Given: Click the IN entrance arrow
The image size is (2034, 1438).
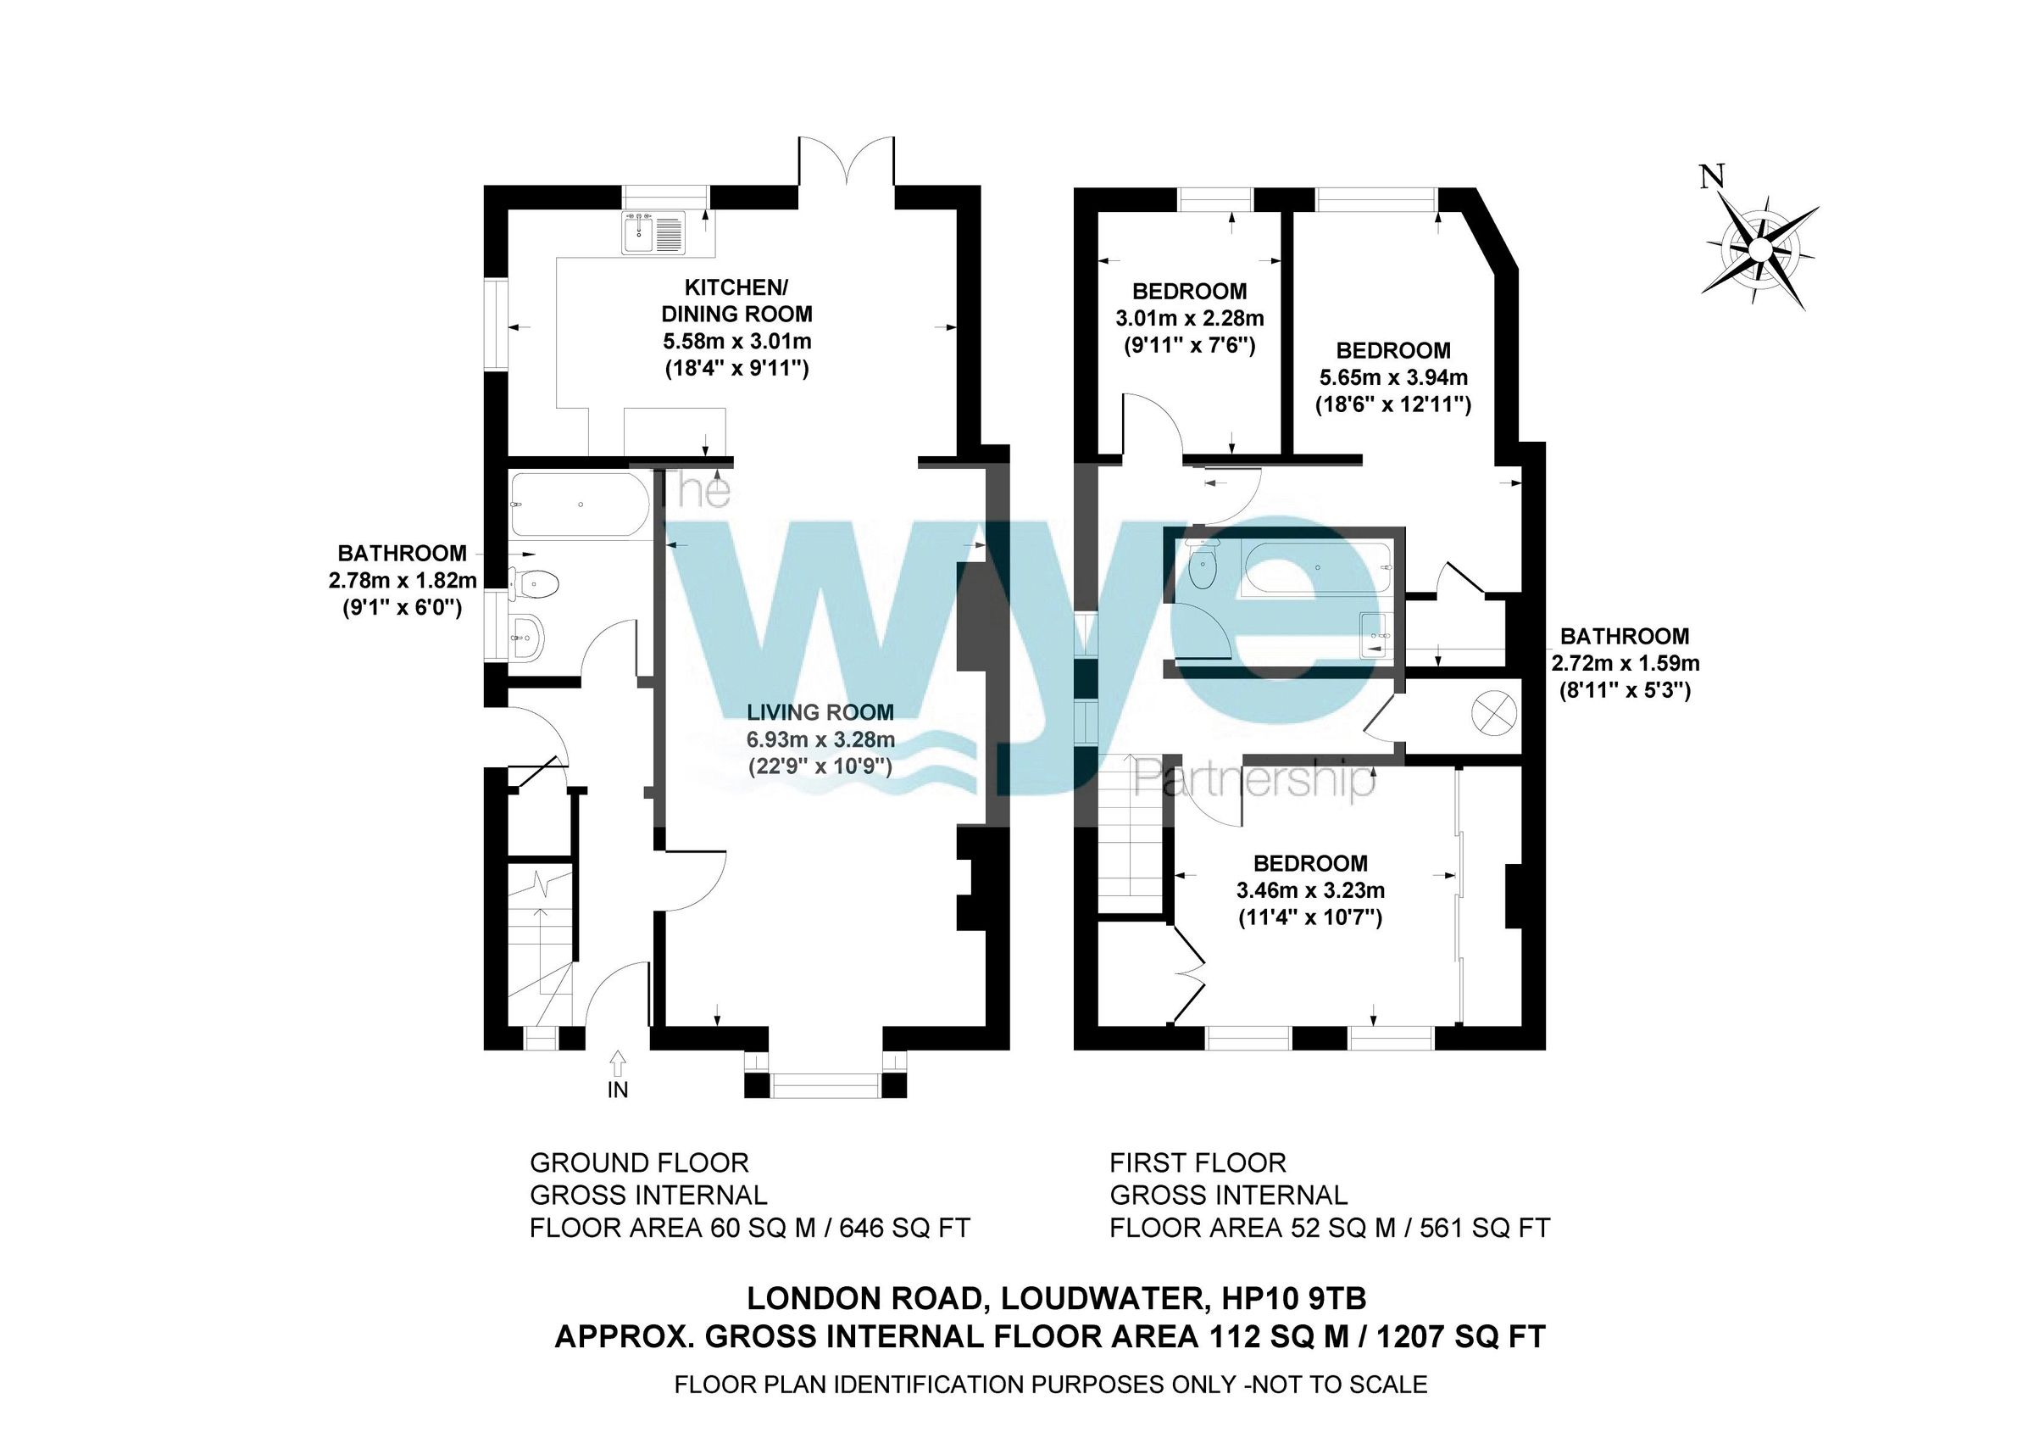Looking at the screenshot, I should point(618,1060).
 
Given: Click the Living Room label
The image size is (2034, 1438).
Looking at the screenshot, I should point(820,711).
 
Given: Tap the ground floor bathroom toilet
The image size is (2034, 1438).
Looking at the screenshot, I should point(536,584).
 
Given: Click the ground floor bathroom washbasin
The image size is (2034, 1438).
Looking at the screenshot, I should point(526,636).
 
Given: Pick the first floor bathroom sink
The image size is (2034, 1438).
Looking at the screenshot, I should point(1375,635).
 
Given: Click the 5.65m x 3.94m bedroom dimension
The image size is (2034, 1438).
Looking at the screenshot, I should point(1393,377).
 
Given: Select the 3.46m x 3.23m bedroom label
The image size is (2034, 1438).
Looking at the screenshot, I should point(1310,889).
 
